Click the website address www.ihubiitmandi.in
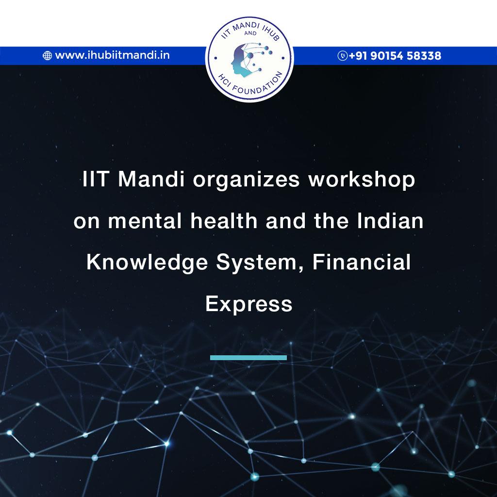point(112,55)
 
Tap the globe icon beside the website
point(47,55)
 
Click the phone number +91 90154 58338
point(395,56)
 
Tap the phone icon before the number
point(342,55)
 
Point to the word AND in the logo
point(250,33)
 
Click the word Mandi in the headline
point(151,179)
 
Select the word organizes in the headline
point(246,181)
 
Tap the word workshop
point(362,180)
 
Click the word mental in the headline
point(145,221)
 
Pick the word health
point(224,220)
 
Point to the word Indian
point(390,220)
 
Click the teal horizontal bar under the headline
point(248,358)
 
